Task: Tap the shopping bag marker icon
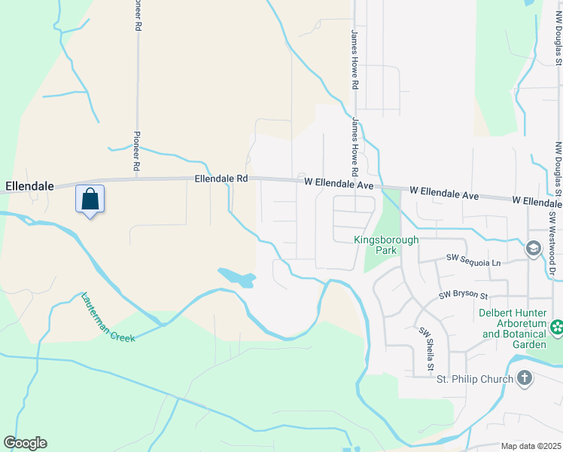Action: pyautogui.click(x=90, y=200)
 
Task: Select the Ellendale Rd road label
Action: pyautogui.click(x=221, y=179)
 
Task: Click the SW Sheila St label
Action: pyautogui.click(x=425, y=347)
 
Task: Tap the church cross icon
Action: pyautogui.click(x=525, y=378)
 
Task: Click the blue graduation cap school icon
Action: pyautogui.click(x=534, y=248)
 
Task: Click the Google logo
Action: pyautogui.click(x=25, y=443)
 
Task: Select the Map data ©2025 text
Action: pyautogui.click(x=531, y=446)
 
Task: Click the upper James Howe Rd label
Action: pyautogui.click(x=353, y=60)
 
